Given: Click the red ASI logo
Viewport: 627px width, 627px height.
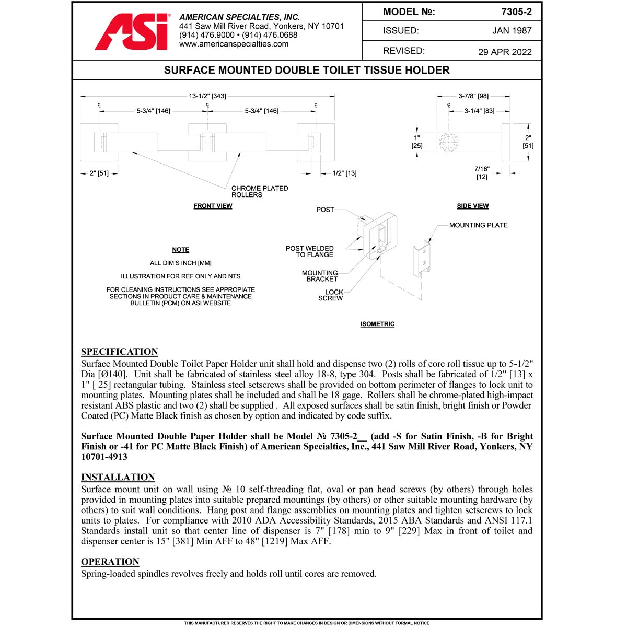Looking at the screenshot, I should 132,32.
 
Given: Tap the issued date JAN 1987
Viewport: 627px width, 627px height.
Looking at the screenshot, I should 512,31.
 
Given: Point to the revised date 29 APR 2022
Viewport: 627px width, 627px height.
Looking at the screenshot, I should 505,52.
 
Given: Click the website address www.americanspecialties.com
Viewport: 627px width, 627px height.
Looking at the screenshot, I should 234,44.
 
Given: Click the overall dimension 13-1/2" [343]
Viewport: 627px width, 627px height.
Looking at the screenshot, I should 207,96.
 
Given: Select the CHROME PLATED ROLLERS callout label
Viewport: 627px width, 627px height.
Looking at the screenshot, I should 260,191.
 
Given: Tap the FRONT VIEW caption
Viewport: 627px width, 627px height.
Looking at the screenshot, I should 213,206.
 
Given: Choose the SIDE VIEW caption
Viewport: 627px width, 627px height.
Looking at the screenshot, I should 472,206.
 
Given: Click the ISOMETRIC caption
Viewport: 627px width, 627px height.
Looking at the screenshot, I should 377,324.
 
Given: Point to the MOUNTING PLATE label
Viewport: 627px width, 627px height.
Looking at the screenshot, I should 478,225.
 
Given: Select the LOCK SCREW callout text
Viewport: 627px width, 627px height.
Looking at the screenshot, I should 331,295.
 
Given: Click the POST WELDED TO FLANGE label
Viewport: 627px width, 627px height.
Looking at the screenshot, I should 310,251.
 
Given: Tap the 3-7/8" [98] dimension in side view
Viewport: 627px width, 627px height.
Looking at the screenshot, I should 473,96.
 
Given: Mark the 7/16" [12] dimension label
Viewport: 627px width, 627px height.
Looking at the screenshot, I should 482,173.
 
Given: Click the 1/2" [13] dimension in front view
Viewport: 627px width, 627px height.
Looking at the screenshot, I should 344,173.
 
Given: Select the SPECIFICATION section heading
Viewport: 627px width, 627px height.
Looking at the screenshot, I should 119,352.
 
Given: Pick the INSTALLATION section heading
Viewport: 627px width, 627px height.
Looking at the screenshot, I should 118,477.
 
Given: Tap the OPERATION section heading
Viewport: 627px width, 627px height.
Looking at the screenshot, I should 110,562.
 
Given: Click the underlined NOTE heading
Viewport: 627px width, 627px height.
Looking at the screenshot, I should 180,250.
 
